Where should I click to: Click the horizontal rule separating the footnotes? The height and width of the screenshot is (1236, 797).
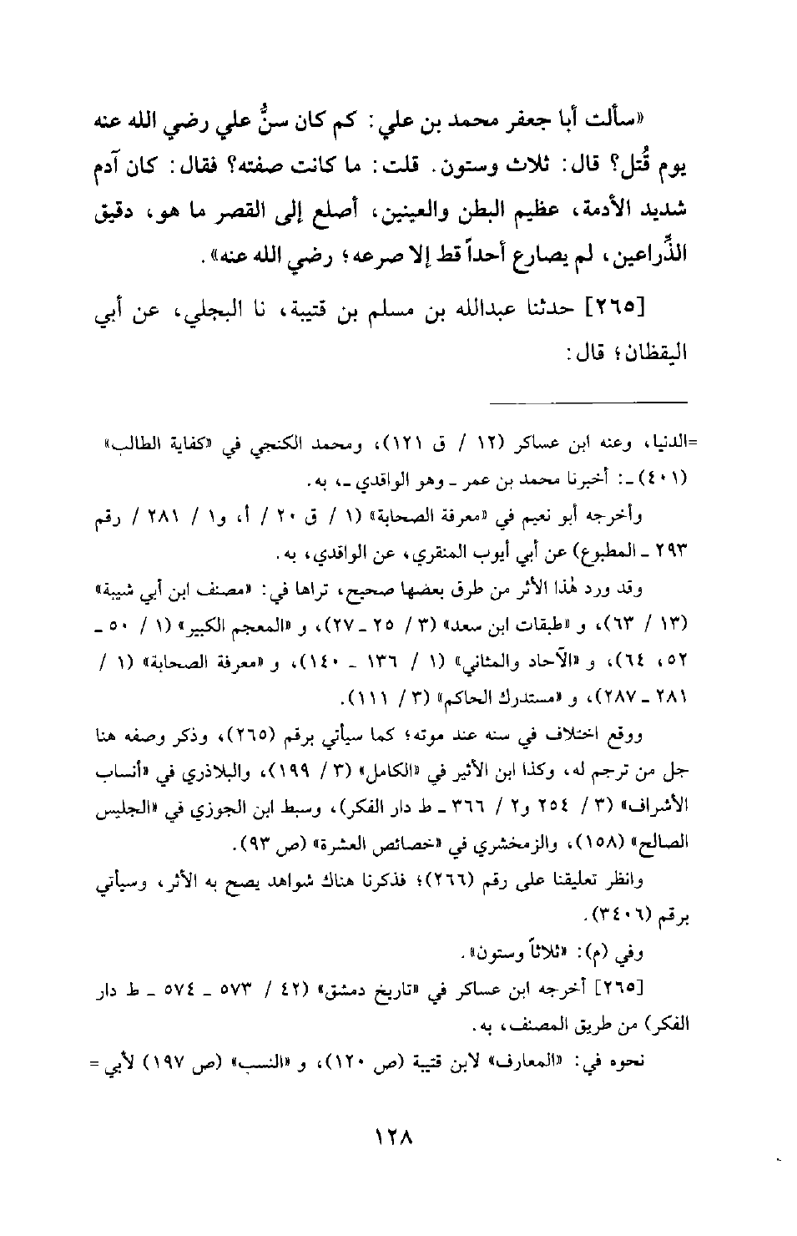[588, 404]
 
